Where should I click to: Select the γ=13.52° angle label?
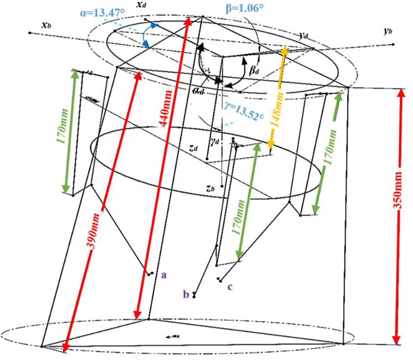point(245,111)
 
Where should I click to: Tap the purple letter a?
point(164,275)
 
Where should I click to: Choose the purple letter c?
point(230,286)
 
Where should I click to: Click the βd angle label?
point(254,71)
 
